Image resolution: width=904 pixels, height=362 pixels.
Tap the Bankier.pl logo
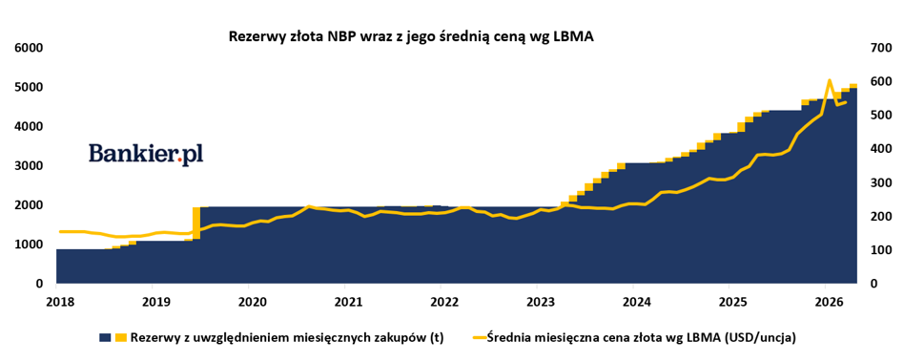click(x=146, y=154)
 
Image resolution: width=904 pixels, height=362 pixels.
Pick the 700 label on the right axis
click(x=876, y=48)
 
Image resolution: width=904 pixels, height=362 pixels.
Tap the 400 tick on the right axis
click(x=876, y=149)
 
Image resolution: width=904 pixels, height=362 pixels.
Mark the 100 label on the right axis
click(x=876, y=250)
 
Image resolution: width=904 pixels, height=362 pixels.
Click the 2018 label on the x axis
click(x=56, y=302)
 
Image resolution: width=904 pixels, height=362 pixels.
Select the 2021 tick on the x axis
click(x=344, y=302)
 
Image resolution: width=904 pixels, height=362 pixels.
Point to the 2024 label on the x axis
click(x=632, y=302)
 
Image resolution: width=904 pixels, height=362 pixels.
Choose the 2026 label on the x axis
click(x=825, y=302)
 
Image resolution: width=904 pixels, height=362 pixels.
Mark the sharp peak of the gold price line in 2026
click(x=829, y=81)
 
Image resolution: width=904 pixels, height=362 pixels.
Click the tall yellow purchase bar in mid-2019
click(x=196, y=223)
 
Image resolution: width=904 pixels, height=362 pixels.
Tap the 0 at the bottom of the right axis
click(x=870, y=284)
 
